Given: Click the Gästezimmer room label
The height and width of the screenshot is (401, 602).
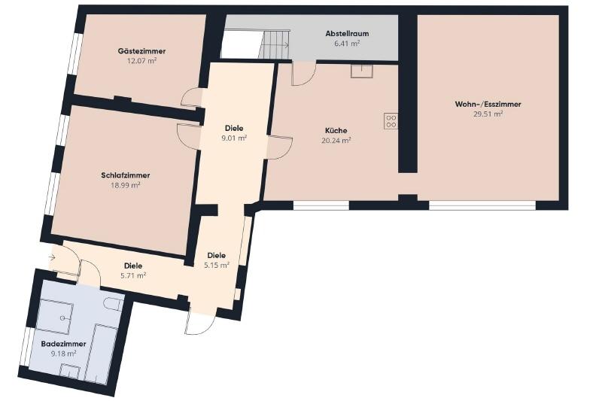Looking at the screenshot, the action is click(141, 51).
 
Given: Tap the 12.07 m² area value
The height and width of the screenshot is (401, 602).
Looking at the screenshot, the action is click(141, 61).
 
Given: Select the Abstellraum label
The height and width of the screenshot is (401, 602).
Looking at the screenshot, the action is click(347, 33).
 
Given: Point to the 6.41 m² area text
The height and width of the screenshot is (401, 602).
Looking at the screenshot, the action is click(347, 44).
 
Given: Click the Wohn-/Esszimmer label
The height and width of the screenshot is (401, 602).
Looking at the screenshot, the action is click(488, 104).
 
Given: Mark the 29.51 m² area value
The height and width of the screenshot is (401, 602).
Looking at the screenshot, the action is click(488, 114).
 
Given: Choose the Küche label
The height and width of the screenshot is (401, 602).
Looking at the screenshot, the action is click(336, 130).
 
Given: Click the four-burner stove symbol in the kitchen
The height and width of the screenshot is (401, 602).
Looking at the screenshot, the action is click(391, 121).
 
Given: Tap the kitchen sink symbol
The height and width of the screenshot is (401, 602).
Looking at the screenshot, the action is click(362, 71).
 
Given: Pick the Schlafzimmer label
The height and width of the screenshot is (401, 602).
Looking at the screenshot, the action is click(126, 175).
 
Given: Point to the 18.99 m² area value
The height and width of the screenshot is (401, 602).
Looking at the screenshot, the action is click(126, 185).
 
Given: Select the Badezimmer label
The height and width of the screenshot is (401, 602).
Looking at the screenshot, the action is click(63, 344).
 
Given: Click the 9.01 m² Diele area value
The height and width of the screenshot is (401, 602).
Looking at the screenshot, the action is click(234, 138).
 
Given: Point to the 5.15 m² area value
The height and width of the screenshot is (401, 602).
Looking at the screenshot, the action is click(217, 265).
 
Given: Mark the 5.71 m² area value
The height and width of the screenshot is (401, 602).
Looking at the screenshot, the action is click(133, 275).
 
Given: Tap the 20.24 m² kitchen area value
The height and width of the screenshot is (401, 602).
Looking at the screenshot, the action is click(336, 141).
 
